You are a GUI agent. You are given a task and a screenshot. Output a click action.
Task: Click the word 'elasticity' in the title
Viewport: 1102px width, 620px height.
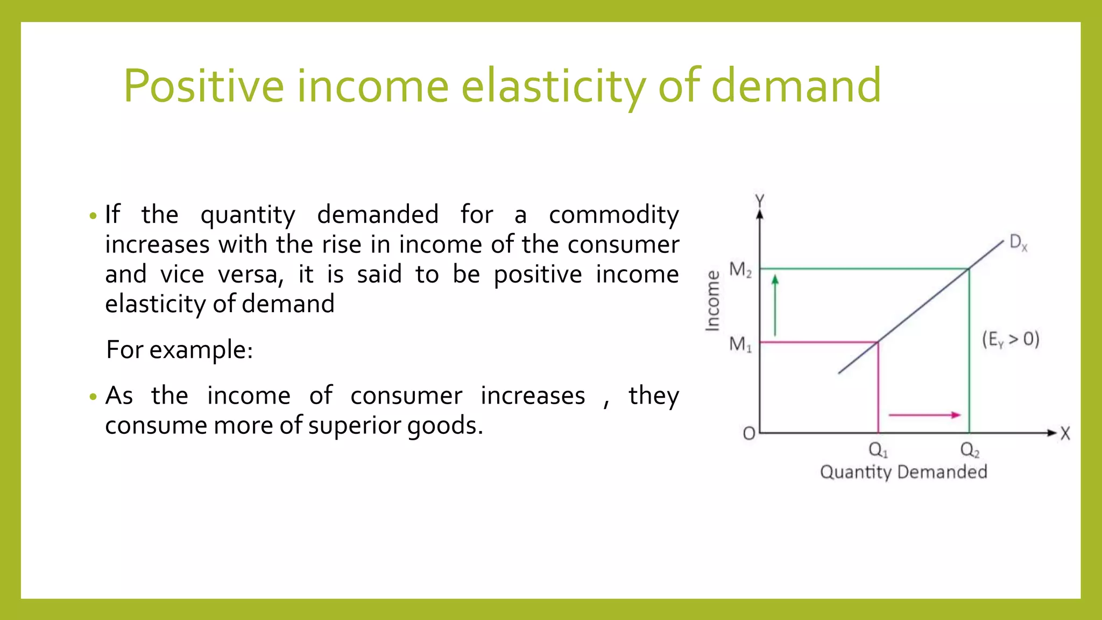pyautogui.click(x=553, y=86)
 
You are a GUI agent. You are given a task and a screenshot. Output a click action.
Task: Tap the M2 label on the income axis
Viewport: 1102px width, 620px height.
pyautogui.click(x=740, y=269)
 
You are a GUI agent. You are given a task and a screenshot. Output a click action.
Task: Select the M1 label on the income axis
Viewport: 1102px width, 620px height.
pyautogui.click(x=740, y=344)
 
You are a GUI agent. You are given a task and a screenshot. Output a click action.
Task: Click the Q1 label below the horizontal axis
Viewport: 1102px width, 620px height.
pyautogui.click(x=878, y=450)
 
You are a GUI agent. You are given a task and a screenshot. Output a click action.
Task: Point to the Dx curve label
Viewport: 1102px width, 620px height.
pyautogui.click(x=1018, y=242)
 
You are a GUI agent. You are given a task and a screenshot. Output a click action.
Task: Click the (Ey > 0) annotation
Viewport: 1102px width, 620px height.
pyautogui.click(x=1011, y=340)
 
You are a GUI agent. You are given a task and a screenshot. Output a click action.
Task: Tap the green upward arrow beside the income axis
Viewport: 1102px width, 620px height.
pyautogui.click(x=775, y=305)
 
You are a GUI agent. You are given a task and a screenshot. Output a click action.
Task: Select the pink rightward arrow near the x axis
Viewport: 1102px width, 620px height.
pyautogui.click(x=924, y=415)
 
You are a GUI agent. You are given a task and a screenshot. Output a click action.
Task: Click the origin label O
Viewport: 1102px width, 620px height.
pyautogui.click(x=748, y=433)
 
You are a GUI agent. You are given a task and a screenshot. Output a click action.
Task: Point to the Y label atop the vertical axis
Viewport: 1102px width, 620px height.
pyautogui.click(x=760, y=201)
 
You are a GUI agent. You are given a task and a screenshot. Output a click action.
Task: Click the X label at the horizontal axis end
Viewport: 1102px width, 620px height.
pyautogui.click(x=1065, y=434)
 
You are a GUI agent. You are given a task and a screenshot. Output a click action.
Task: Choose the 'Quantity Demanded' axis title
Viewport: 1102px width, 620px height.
pyautogui.click(x=903, y=472)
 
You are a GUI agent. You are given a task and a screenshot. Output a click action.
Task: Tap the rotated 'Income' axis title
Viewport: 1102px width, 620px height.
pyautogui.click(x=712, y=300)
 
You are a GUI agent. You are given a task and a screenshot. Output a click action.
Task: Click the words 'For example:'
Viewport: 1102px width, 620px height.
pyautogui.click(x=179, y=350)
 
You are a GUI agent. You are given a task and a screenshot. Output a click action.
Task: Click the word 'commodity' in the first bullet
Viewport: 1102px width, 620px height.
pyautogui.click(x=613, y=215)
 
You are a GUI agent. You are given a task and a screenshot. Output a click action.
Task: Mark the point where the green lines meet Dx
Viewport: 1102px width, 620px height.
pyautogui.click(x=969, y=269)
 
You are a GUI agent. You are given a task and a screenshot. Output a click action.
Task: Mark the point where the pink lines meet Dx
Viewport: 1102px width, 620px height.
pyautogui.click(x=878, y=342)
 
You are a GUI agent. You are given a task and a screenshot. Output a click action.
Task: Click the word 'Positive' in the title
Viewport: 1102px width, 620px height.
pyautogui.click(x=203, y=86)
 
